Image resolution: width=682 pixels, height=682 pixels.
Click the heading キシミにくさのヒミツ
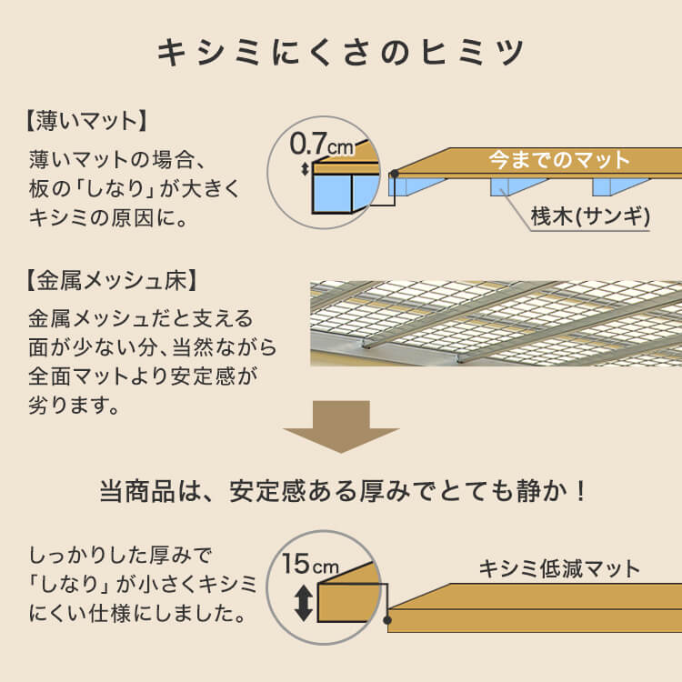pyautogui.click(x=341, y=52)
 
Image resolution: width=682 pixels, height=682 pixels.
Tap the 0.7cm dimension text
pyautogui.click(x=321, y=144)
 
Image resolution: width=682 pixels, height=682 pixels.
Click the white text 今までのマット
pyautogui.click(x=559, y=161)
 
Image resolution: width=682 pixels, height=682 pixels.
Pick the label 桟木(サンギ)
pyautogui.click(x=588, y=216)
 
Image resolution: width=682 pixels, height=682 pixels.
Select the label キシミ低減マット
pyautogui.click(x=559, y=570)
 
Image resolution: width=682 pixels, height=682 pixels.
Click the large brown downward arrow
pyautogui.click(x=341, y=426)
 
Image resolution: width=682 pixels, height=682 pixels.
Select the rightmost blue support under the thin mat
pyautogui.click(x=608, y=186)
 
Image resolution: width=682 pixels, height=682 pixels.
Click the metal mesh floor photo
pyautogui.click(x=496, y=323)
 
